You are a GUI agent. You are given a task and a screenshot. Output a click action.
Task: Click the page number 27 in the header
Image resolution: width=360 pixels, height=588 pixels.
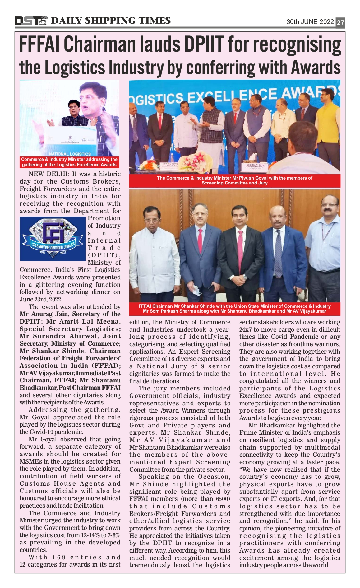click(340, 22)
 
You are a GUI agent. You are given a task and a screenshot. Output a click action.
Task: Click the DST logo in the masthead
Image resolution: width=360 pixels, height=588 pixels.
click(31, 21)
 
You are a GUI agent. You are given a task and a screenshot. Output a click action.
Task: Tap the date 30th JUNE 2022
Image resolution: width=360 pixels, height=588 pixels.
click(310, 22)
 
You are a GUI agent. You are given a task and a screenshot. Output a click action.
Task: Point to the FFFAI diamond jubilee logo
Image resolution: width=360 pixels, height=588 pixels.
click(53, 239)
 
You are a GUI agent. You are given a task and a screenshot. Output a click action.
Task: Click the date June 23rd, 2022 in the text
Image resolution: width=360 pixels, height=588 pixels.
click(41, 299)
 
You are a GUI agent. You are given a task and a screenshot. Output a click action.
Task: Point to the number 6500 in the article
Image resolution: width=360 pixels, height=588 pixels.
click(223, 499)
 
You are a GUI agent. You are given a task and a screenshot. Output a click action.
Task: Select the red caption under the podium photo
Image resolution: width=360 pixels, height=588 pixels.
click(69, 162)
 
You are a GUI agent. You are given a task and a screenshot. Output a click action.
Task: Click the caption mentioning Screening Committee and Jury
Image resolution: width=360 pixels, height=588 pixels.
click(234, 180)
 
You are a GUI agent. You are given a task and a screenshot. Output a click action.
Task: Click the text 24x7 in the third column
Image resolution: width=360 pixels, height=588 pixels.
click(246, 329)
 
